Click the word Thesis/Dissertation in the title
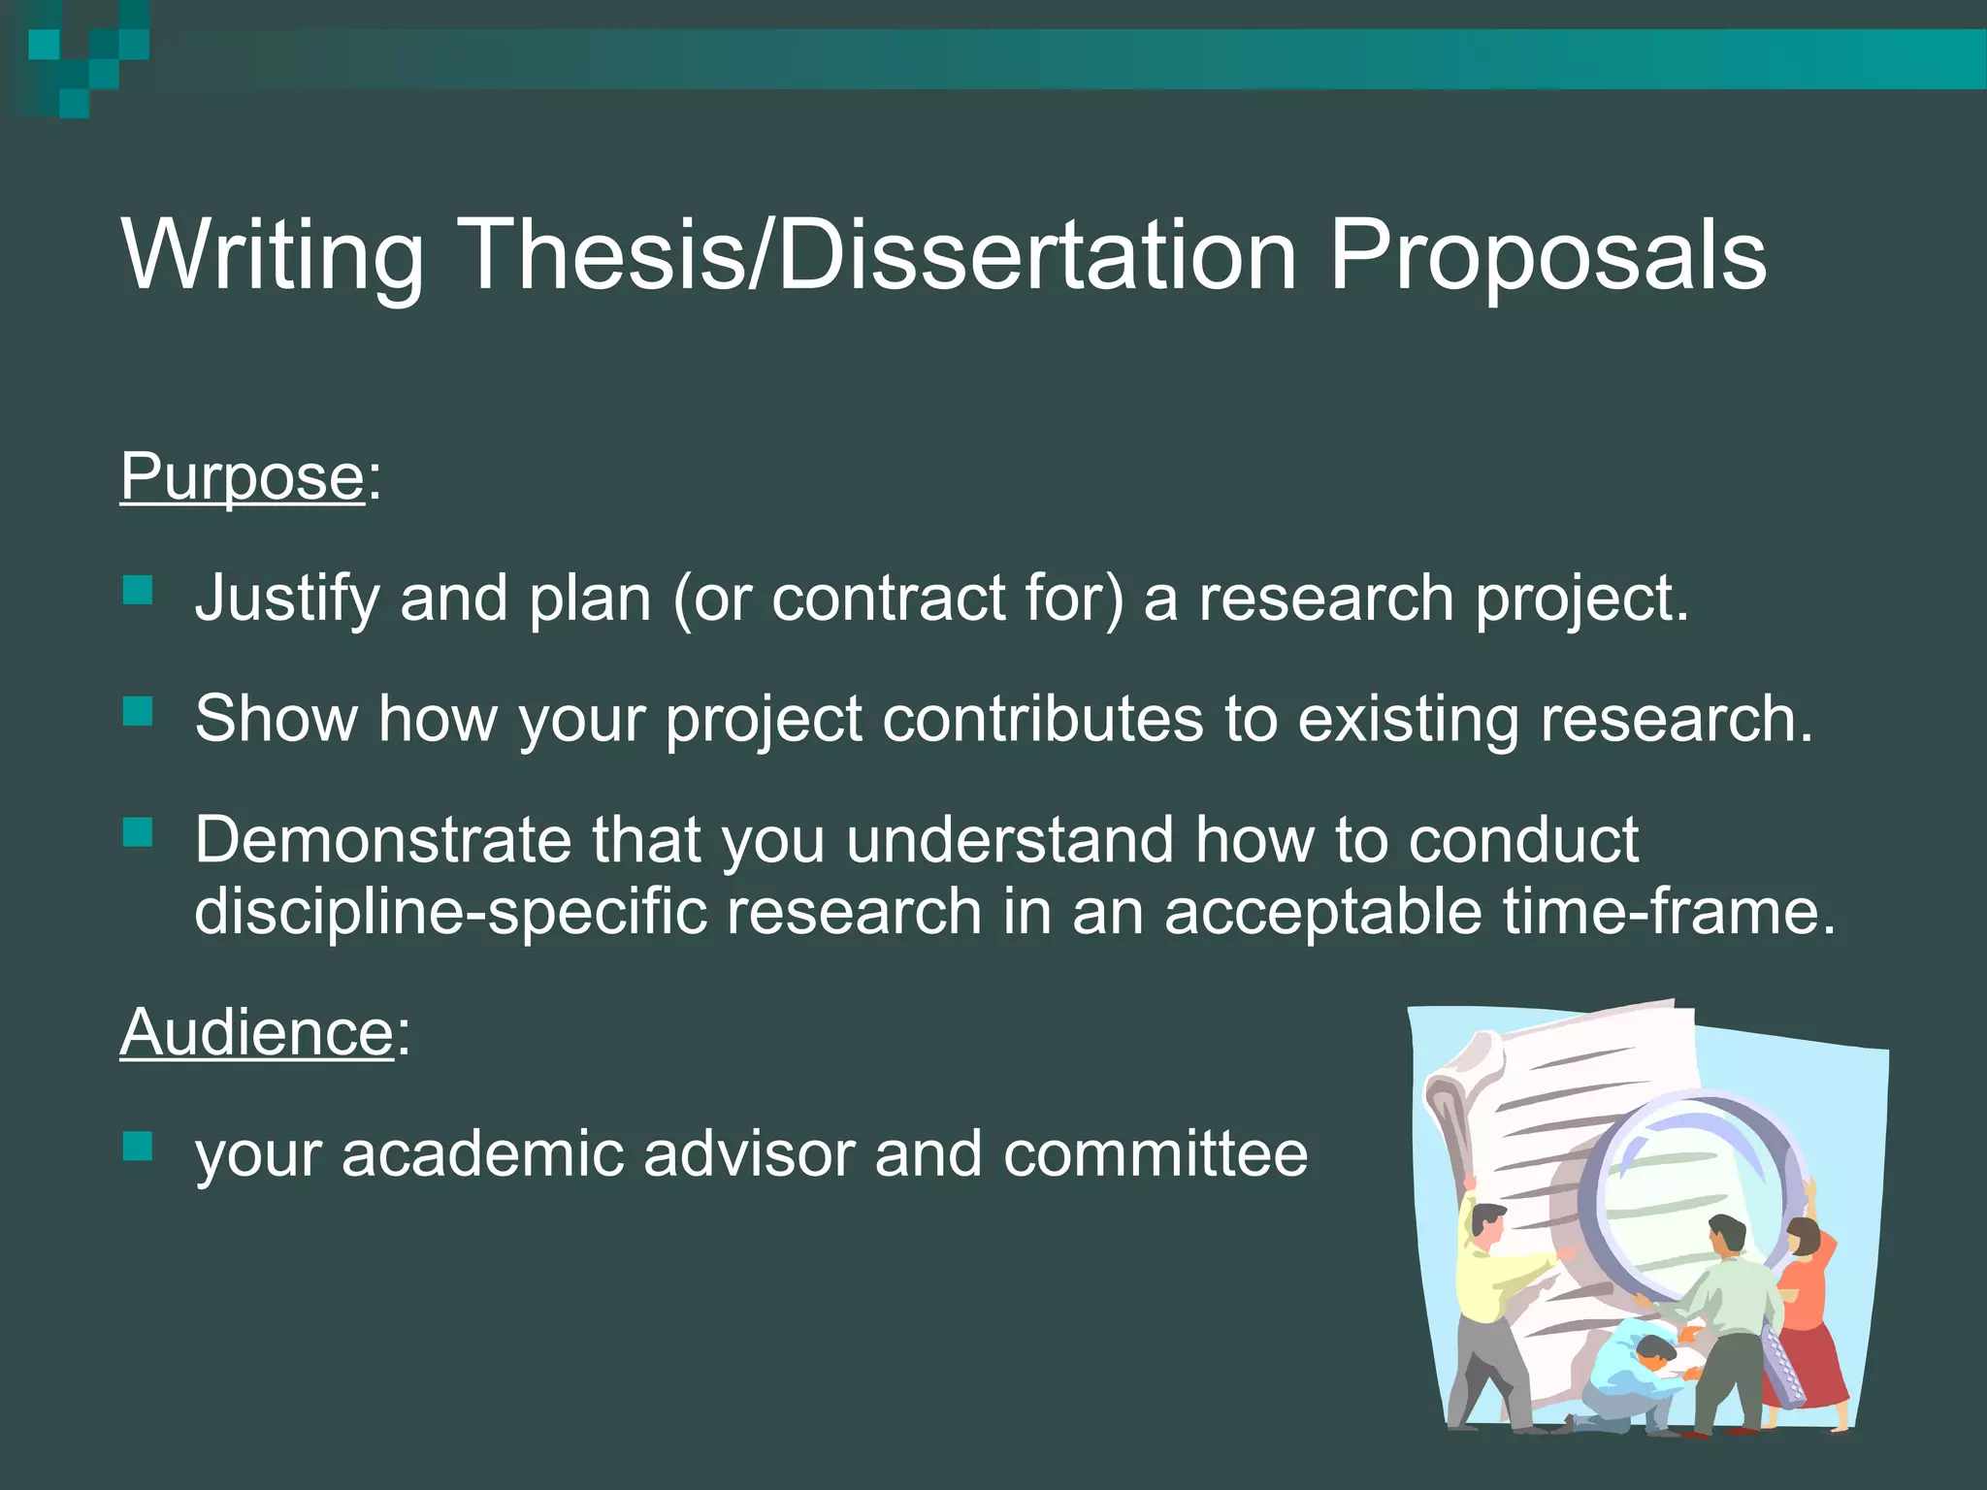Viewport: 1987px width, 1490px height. click(x=881, y=255)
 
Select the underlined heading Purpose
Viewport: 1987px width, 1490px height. click(x=242, y=477)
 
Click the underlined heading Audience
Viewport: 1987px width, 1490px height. click(x=257, y=1032)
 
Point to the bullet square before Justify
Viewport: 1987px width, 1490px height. click(x=139, y=591)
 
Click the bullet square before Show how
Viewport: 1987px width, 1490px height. click(x=139, y=712)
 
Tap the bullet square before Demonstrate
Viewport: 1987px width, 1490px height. click(x=139, y=832)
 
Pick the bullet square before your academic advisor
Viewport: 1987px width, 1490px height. click(x=139, y=1147)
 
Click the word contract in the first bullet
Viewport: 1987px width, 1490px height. click(x=888, y=599)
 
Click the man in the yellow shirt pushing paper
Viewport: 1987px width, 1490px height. click(x=1489, y=1300)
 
